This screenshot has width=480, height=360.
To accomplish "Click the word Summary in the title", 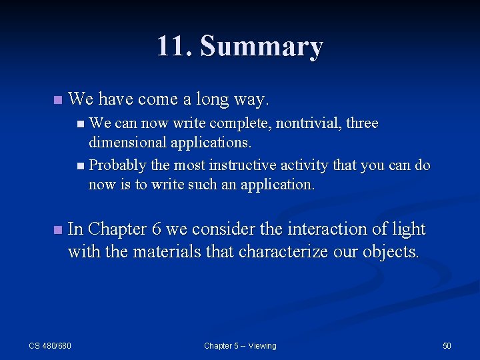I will (x=261, y=47).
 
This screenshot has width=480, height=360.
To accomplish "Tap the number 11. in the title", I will (x=175, y=47).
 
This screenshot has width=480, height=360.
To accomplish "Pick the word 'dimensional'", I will (x=127, y=142).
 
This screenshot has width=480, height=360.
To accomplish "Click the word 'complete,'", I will (x=241, y=124).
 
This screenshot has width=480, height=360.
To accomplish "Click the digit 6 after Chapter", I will (x=157, y=229).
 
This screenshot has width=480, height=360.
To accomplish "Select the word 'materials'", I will (x=169, y=252).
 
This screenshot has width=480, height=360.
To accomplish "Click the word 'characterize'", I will (x=288, y=252).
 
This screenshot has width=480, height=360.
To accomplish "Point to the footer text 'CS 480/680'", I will (x=50, y=345).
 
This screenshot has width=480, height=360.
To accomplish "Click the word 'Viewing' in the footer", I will (x=262, y=345).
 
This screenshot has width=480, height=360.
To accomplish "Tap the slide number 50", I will (x=447, y=345).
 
